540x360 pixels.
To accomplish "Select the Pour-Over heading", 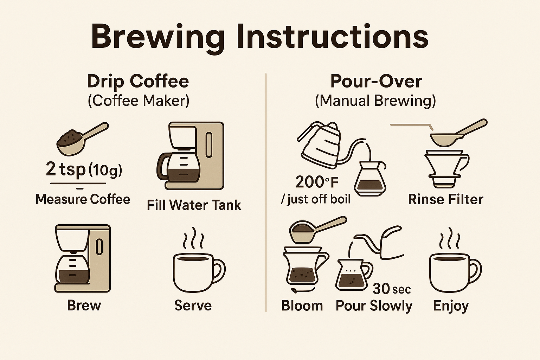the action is (376, 81).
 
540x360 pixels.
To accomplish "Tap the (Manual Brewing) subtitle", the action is (375, 101).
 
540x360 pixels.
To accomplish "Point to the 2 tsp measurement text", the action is (66, 169).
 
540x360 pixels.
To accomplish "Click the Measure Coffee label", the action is (83, 199).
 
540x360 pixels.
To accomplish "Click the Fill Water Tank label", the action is (194, 205).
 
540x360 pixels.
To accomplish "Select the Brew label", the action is (84, 306).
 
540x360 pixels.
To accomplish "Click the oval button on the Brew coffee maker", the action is (99, 247).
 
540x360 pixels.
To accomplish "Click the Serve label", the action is (193, 306).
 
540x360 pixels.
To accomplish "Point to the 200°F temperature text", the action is (317, 182).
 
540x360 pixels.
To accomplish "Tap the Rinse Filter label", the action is (446, 200).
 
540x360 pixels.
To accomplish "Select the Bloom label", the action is (302, 306).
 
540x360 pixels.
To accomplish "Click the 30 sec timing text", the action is (392, 289).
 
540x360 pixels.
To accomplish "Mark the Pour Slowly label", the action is (374, 306).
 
